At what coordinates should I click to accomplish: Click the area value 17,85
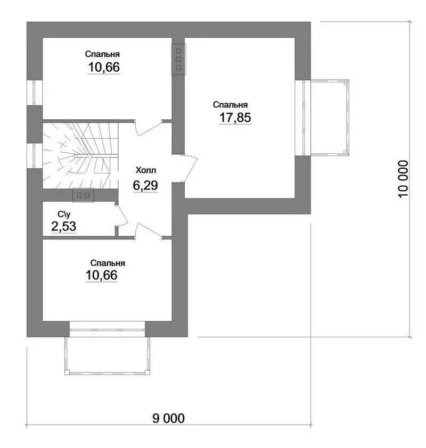235,118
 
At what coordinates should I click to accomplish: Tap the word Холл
146,171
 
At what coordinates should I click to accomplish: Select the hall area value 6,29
145,186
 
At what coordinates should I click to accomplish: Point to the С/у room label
64,214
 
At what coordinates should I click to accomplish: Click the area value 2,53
64,227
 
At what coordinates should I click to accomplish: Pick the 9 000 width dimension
168,419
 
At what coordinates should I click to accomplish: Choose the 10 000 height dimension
403,179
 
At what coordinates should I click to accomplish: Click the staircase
80,156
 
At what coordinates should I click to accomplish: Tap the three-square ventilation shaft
179,59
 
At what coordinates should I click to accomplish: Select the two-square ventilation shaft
83,195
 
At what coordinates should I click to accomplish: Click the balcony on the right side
330,118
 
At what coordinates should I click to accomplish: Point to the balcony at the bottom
107,356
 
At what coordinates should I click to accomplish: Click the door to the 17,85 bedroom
190,168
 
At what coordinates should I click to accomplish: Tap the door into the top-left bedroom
148,128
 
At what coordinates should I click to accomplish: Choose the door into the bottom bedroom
148,231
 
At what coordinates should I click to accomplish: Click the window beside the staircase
35,155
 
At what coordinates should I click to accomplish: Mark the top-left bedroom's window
35,93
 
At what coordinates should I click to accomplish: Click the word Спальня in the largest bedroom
230,105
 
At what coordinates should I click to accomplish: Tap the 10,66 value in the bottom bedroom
102,275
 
